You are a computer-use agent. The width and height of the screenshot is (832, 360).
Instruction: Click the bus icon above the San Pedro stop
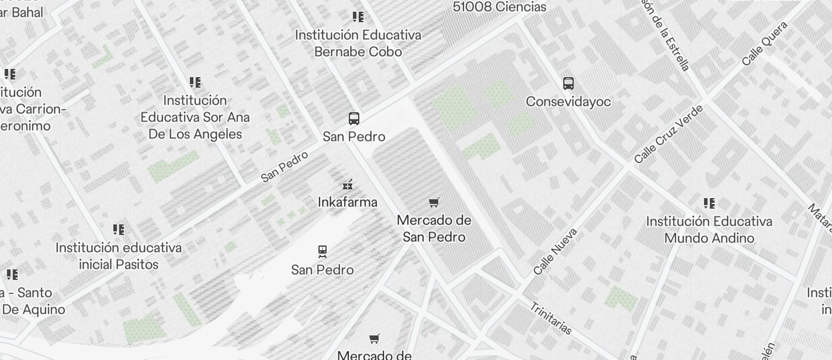pyautogui.click(x=353, y=119)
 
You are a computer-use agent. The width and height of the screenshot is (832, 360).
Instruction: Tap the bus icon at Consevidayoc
pyautogui.click(x=568, y=84)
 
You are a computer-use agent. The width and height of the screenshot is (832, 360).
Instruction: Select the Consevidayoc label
pyautogui.click(x=568, y=102)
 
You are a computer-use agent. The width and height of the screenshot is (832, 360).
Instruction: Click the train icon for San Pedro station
pyautogui.click(x=323, y=252)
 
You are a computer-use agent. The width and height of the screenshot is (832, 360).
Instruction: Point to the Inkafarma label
pyautogui.click(x=347, y=202)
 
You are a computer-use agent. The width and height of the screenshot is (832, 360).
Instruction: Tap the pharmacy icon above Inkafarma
pyautogui.click(x=348, y=185)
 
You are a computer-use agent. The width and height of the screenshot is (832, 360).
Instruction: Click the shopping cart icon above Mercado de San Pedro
pyautogui.click(x=434, y=203)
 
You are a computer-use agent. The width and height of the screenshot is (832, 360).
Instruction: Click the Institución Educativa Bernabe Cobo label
pyautogui.click(x=358, y=43)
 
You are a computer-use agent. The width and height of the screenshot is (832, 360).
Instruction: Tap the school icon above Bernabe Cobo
pyautogui.click(x=358, y=17)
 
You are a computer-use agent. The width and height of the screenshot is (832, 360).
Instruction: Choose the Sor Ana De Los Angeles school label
pyautogui.click(x=195, y=117)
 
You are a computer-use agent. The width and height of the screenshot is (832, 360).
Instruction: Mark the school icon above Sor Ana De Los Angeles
pyautogui.click(x=195, y=82)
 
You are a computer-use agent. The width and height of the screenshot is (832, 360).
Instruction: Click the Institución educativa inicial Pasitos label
pyautogui.click(x=119, y=256)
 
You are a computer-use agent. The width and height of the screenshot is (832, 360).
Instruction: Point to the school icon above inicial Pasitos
pyautogui.click(x=119, y=229)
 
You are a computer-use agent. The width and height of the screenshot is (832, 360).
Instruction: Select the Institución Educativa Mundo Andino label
pyautogui.click(x=709, y=230)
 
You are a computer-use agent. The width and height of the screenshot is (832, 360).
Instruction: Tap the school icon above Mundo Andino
pyautogui.click(x=709, y=203)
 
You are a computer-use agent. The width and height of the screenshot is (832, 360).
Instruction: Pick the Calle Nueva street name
pyautogui.click(x=555, y=251)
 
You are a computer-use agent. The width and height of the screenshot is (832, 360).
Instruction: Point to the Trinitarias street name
pyautogui.click(x=551, y=319)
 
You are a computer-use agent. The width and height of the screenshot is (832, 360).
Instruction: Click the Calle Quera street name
pyautogui.click(x=765, y=44)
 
